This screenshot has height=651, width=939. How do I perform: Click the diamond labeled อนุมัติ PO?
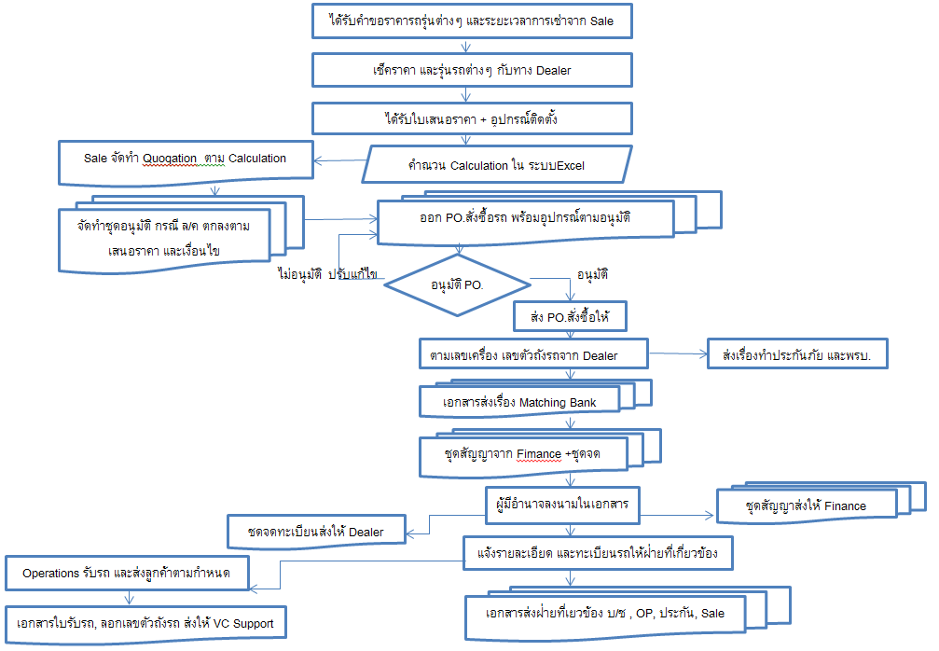pos(457,283)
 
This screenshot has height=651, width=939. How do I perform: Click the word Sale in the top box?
pos(601,21)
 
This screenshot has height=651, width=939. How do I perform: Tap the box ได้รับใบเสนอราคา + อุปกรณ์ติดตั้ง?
pos(471,118)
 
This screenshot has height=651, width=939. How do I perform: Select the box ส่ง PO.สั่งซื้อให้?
pos(569,316)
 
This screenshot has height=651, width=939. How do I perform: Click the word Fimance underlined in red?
pos(538,454)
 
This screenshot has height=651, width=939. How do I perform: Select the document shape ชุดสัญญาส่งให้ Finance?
pos(806,506)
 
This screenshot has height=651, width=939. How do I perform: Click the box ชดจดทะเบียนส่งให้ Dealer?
pos(317,532)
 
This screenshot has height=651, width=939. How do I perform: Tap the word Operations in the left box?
pos(50,573)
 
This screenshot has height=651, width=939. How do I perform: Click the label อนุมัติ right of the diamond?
pos(593,275)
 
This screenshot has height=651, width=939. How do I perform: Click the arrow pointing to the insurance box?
pos(676,354)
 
